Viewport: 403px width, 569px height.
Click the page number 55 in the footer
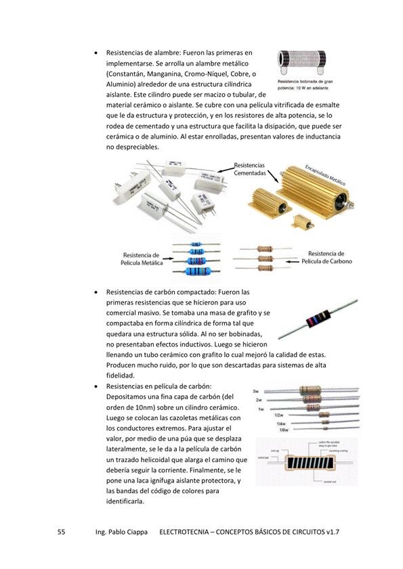60,532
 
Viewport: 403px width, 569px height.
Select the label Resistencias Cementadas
250,169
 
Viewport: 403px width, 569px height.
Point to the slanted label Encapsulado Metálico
326,175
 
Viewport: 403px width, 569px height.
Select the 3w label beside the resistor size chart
256,392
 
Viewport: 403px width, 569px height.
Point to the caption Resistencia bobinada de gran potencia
303,85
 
